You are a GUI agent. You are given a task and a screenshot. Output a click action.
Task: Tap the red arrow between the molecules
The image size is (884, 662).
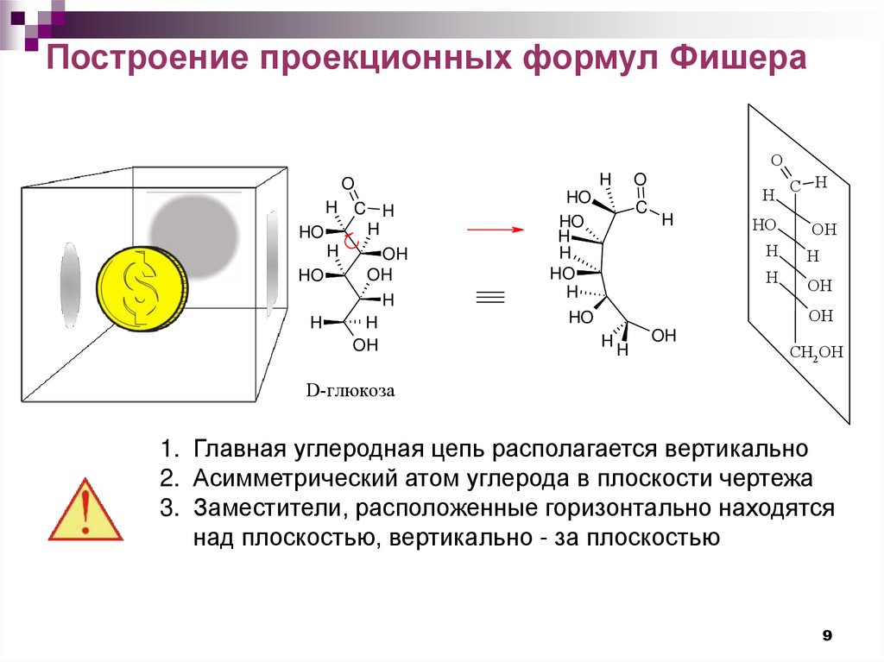click(496, 230)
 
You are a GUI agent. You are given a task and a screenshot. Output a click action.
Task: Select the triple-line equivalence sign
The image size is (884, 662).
click(489, 298)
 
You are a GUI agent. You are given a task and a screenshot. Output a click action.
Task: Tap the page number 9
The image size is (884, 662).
click(826, 636)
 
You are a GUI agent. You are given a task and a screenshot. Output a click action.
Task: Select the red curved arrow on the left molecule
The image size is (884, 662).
click(350, 243)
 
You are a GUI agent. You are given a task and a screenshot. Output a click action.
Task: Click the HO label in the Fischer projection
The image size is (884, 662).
click(764, 224)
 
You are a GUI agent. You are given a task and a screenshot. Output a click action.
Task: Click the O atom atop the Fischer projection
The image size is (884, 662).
click(776, 161)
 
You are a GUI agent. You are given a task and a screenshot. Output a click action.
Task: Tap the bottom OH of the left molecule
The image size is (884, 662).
click(365, 345)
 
